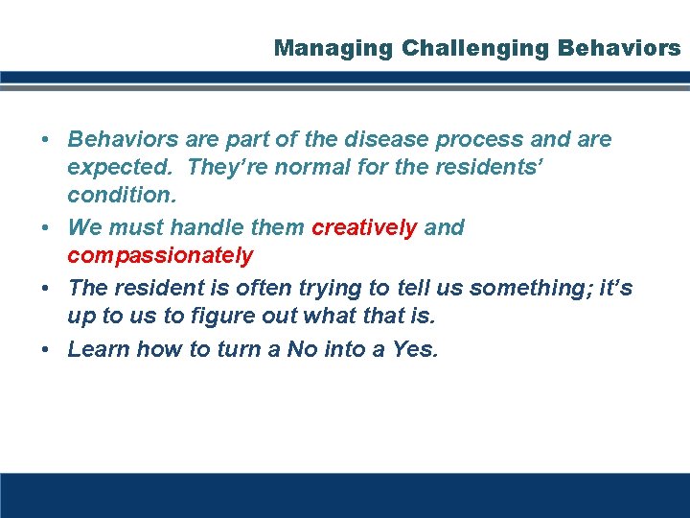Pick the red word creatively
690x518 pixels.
[364, 228]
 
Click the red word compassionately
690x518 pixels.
[160, 255]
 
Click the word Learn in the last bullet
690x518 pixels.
[99, 350]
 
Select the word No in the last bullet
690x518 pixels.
[301, 350]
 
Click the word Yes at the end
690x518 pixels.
[415, 350]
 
